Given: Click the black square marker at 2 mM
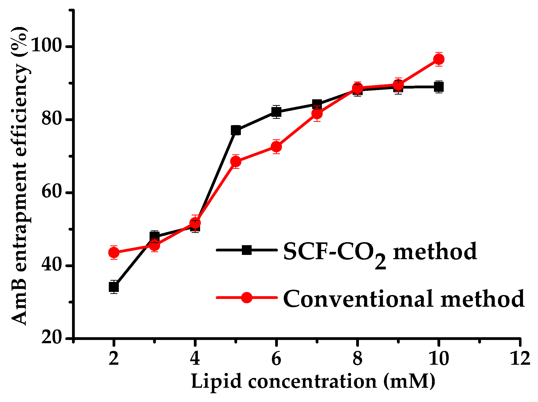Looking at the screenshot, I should (x=114, y=287).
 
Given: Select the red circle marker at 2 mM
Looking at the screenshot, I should (x=114, y=252).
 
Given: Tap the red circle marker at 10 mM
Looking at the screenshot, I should (x=439, y=59).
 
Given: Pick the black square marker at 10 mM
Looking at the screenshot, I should (x=439, y=87).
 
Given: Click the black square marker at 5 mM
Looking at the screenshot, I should (x=236, y=130).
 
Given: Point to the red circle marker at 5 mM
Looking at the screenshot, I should (x=236, y=162).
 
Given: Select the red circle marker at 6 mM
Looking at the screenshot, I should (x=276, y=147).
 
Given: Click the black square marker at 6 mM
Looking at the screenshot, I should (x=276, y=112).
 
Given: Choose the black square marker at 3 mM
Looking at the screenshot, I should (x=155, y=236).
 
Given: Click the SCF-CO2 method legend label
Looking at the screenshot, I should (x=380, y=253).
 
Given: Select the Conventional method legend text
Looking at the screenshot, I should (x=403, y=299).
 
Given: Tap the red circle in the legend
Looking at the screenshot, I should (x=247, y=297).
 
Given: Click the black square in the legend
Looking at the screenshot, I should (x=247, y=250).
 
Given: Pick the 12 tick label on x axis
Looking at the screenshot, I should (x=520, y=359).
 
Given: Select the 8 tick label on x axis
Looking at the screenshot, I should (x=357, y=359).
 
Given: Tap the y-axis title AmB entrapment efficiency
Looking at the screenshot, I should (x=20, y=175).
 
